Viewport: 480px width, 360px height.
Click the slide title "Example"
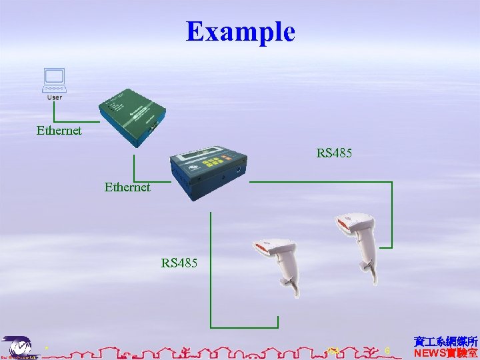click(240, 31)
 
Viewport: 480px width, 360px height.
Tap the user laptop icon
click(53, 79)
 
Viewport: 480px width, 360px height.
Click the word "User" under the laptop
click(55, 97)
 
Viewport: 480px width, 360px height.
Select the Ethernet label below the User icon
click(59, 131)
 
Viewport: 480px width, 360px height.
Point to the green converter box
click(133, 113)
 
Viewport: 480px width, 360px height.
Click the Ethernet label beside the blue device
click(127, 187)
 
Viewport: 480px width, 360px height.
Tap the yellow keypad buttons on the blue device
click(215, 162)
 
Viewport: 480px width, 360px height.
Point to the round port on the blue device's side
click(239, 169)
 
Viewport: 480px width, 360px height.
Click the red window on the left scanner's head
click(261, 249)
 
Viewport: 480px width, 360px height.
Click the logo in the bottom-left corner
click(19, 347)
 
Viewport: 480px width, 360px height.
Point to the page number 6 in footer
click(387, 351)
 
